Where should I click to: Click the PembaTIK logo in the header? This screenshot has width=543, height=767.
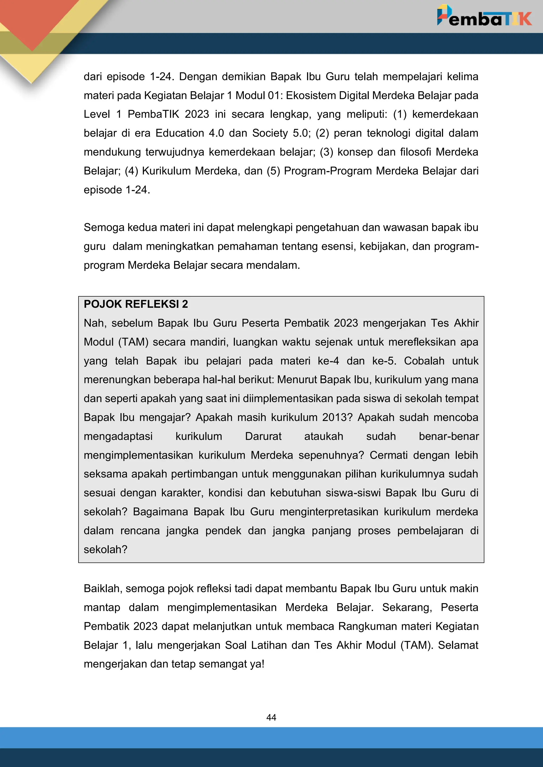pos(484,17)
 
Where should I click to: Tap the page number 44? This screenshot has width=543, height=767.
pos(271,717)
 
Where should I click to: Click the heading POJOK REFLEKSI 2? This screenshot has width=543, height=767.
pos(136,304)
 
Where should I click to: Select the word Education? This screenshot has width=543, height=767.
pos(179,133)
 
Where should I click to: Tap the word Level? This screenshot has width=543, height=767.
pos(97,114)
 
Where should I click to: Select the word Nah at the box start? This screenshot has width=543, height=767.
pos(94,323)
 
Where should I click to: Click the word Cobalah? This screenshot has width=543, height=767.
pos(424,361)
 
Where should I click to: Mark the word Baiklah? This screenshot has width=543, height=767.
pos(103,588)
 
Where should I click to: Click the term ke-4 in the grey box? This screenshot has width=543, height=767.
pos(328,361)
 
